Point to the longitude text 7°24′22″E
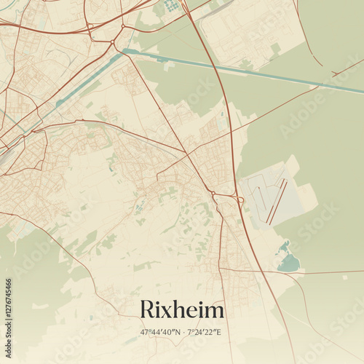click(x=204, y=332)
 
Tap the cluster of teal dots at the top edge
click(x=172, y=6)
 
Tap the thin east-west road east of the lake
click(x=328, y=273)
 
